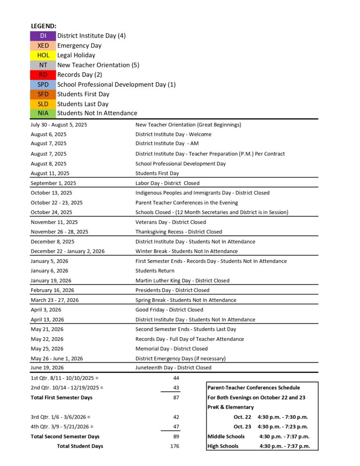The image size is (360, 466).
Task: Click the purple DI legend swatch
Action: pyautogui.click(x=43, y=36)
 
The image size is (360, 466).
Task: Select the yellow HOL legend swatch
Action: pyautogui.click(x=43, y=55)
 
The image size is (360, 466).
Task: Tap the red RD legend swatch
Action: pyautogui.click(x=43, y=75)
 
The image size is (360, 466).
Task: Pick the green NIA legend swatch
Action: pyautogui.click(x=43, y=113)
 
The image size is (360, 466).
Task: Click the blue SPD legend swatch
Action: pyautogui.click(x=43, y=84)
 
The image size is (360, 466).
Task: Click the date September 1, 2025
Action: pyautogui.click(x=53, y=183)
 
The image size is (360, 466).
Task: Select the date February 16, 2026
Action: pyautogui.click(x=52, y=290)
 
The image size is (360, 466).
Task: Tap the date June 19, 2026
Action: pyautogui.click(x=47, y=368)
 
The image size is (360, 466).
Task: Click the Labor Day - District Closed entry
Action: pyautogui.click(x=167, y=183)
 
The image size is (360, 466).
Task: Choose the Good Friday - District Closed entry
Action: pyautogui.click(x=169, y=310)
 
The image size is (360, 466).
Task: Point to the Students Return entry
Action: pyautogui.click(x=155, y=271)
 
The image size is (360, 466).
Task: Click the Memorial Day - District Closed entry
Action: pyautogui.click(x=172, y=349)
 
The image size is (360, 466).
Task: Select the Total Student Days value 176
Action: pyautogui.click(x=174, y=446)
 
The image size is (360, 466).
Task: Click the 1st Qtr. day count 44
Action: pyautogui.click(x=176, y=378)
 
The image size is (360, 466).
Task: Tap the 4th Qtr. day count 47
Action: pyautogui.click(x=176, y=427)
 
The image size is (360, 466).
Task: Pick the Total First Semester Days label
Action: pyautogui.click(x=61, y=398)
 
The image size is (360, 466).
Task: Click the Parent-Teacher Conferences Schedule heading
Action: pyautogui.click(x=254, y=388)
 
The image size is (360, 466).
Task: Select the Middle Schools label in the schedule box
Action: pyautogui.click(x=226, y=436)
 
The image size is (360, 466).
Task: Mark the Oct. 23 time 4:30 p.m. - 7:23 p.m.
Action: pyautogui.click(x=283, y=427)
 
